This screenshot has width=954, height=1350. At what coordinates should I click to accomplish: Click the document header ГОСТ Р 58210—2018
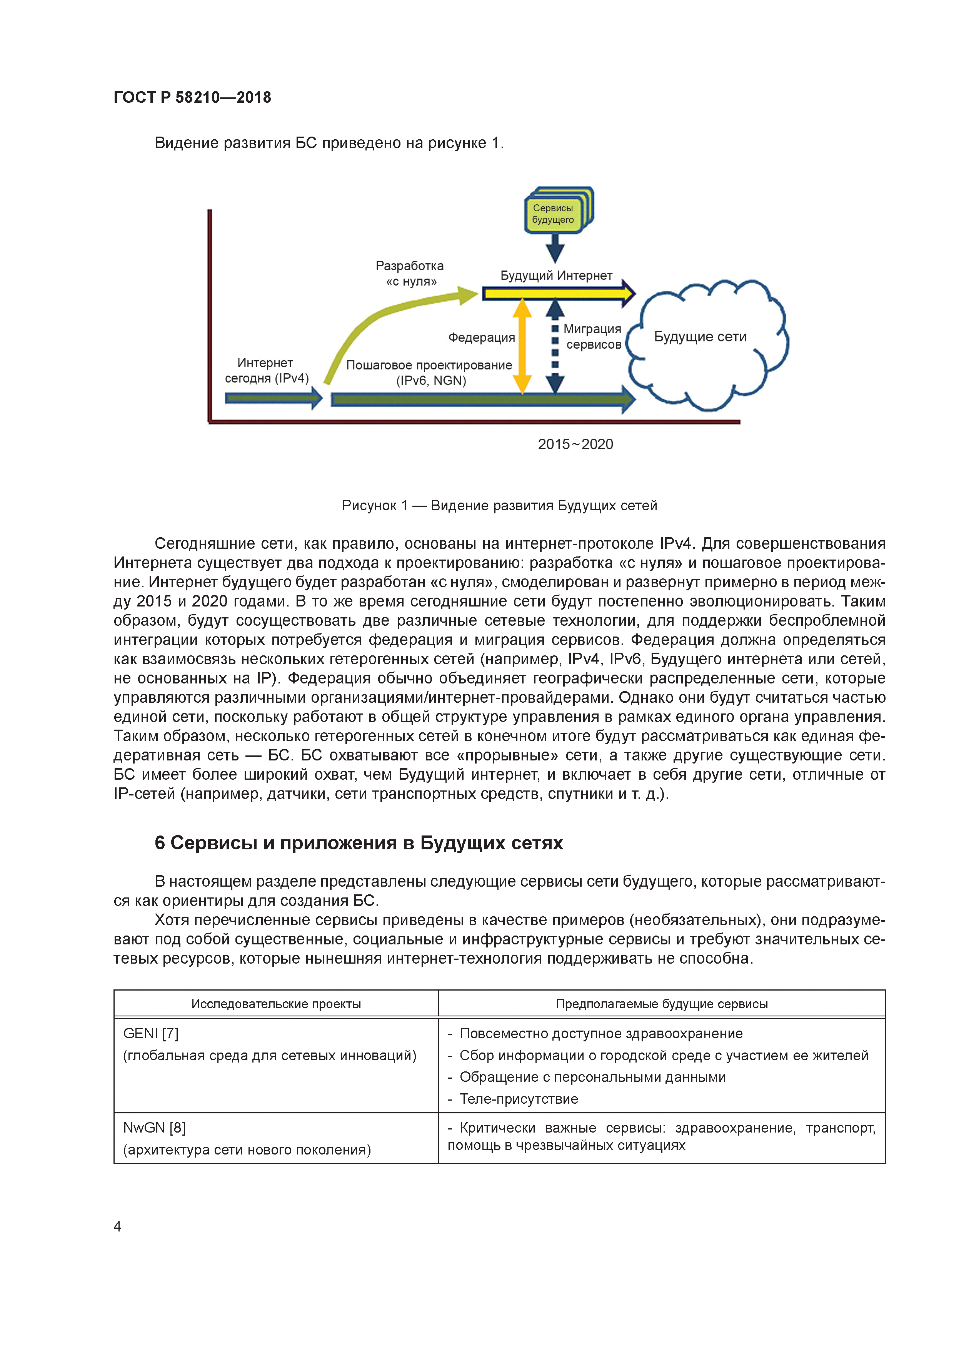click(x=192, y=98)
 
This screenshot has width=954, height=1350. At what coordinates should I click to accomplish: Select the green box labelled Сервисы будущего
click(x=553, y=214)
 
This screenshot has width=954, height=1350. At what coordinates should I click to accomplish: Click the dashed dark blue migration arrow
click(x=555, y=347)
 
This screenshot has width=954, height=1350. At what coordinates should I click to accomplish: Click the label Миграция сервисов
click(x=592, y=337)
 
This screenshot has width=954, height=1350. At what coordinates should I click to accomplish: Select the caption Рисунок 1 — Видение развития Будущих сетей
click(x=499, y=506)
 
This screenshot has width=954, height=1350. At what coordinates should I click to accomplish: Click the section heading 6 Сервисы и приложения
click(x=359, y=843)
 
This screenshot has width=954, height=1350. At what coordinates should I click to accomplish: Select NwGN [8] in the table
click(x=154, y=1128)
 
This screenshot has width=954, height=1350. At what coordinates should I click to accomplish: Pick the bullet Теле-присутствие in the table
click(x=519, y=1099)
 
